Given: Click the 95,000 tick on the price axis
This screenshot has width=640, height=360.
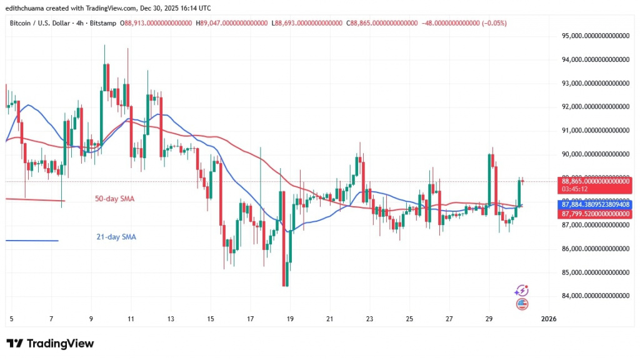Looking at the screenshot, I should [594, 36].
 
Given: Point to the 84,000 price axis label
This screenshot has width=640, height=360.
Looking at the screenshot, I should [594, 296].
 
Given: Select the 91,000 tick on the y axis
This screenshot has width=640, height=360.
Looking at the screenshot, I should [594, 131].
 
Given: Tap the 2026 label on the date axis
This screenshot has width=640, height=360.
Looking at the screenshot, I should [548, 319].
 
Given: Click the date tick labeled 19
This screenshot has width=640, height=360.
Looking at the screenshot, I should [290, 319].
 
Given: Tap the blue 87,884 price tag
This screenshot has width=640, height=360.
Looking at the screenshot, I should [594, 204].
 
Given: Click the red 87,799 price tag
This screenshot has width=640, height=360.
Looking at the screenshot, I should [594, 214].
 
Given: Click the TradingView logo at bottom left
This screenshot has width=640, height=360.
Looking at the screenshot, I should [50, 343].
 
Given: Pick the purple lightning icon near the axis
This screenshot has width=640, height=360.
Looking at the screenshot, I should [521, 291].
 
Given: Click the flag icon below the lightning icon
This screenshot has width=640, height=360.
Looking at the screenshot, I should [522, 304].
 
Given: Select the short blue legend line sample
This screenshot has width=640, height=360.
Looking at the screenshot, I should [31, 241].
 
